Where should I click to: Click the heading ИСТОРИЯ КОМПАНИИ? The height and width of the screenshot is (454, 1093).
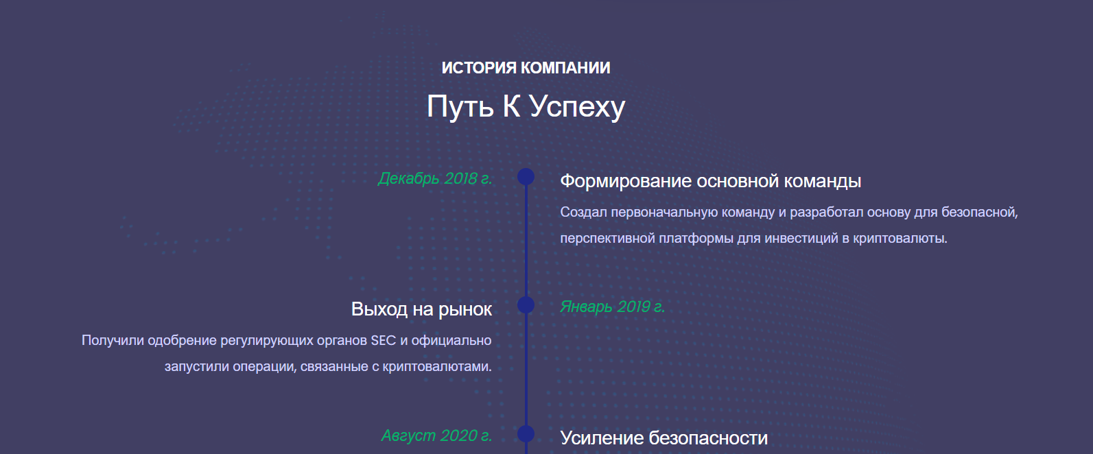coord(526,68)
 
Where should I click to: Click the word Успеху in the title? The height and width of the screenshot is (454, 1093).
coord(577,107)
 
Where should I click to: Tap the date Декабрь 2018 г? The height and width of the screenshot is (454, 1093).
coord(435,178)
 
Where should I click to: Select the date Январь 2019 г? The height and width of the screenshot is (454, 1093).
coord(613,307)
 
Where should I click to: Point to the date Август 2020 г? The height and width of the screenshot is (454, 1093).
coord(436,435)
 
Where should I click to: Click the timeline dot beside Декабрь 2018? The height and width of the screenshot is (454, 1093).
coord(526,176)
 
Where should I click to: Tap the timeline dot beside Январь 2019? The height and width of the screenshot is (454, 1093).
coord(526,305)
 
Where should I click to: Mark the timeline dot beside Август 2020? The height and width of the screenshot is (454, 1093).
coord(526,433)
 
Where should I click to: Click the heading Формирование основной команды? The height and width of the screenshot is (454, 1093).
coord(710,182)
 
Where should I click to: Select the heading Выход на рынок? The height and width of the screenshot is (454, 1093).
coord(421,310)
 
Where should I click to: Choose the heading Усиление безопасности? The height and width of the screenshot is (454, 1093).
coord(663,438)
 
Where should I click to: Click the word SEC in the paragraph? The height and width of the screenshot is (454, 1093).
coord(384,340)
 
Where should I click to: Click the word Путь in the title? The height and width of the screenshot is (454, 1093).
coord(460,107)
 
